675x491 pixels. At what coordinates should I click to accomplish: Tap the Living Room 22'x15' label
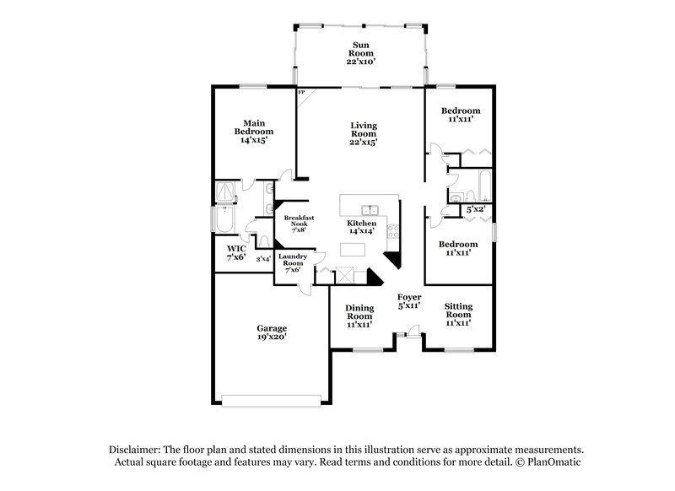pyautogui.click(x=364, y=134)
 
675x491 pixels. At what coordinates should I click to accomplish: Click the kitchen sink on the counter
pyautogui.click(x=369, y=211)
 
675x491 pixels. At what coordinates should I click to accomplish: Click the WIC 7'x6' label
pyautogui.click(x=235, y=252)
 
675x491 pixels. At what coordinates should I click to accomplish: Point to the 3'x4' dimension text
pyautogui.click(x=263, y=259)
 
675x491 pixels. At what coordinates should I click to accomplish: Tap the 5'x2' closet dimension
pyautogui.click(x=475, y=208)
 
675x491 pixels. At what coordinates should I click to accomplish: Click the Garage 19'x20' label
pyautogui.click(x=273, y=332)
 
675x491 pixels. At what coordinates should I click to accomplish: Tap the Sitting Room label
pyautogui.click(x=457, y=314)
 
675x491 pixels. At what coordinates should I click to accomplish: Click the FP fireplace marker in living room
pyautogui.click(x=300, y=91)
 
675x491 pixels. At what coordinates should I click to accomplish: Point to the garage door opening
pyautogui.click(x=271, y=397)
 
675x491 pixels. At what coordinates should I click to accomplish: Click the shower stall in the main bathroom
pyautogui.click(x=226, y=192)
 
